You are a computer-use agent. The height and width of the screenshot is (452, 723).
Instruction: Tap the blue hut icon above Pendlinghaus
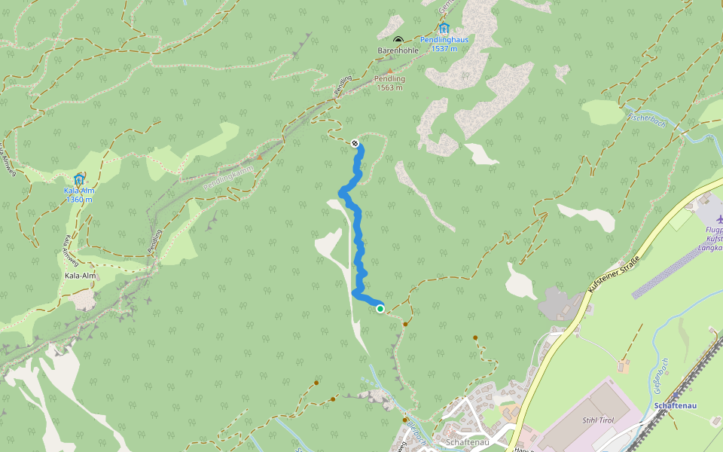tap(444, 29)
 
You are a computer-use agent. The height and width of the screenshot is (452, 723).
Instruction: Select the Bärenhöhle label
tap(398, 50)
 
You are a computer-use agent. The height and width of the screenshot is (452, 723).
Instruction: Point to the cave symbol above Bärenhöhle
tap(398, 40)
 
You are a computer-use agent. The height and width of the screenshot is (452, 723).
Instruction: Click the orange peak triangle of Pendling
tap(390, 71)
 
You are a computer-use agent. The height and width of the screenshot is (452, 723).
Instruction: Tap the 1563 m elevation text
tap(390, 87)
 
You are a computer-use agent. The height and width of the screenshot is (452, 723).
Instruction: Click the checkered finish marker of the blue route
tap(355, 142)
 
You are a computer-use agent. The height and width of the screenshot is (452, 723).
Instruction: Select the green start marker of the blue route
tap(380, 308)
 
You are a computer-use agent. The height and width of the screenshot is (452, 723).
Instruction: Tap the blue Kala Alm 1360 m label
tap(79, 194)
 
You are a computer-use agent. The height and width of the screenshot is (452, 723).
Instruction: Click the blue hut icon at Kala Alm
tap(79, 179)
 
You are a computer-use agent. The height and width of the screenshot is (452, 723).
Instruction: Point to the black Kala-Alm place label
tap(81, 276)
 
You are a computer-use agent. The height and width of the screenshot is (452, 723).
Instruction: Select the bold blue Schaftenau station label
tap(676, 406)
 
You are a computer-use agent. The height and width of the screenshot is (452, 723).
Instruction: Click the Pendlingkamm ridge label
tap(227, 177)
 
